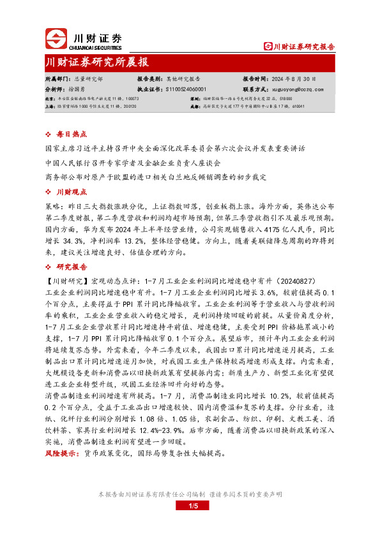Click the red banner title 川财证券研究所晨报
97,62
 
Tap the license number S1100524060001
186,89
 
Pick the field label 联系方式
255,89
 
